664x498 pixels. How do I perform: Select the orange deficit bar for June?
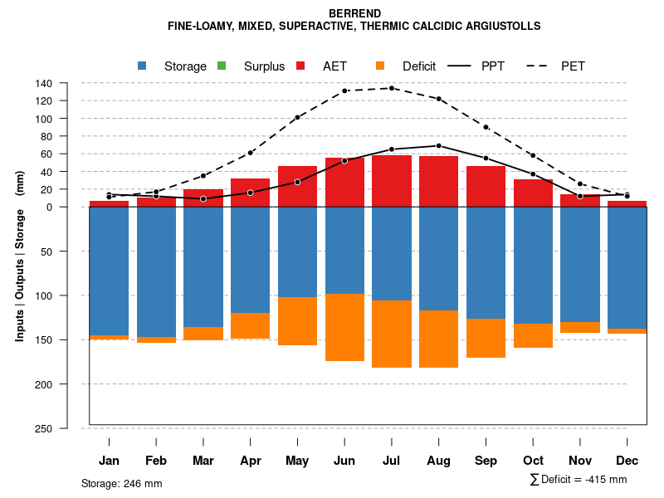tap(344, 327)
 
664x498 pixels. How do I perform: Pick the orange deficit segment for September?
tap(486, 338)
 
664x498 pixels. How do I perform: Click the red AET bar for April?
tap(250, 193)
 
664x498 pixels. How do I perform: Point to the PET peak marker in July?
tap(392, 88)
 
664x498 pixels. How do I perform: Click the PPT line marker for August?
tap(438, 145)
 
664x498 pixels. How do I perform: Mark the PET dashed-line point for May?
tap(297, 117)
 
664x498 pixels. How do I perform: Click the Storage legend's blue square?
tap(142, 66)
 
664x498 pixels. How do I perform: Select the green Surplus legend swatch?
tap(221, 66)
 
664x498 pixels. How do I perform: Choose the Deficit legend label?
tap(419, 66)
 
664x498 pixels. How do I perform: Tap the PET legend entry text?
tap(573, 66)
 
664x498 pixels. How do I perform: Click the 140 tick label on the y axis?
tap(68, 83)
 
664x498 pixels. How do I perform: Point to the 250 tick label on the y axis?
tap(68, 428)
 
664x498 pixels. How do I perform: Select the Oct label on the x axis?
tap(533, 461)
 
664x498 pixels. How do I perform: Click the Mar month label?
tap(203, 461)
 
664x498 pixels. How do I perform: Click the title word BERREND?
tap(354, 13)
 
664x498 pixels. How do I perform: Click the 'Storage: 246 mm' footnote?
tap(121, 483)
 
